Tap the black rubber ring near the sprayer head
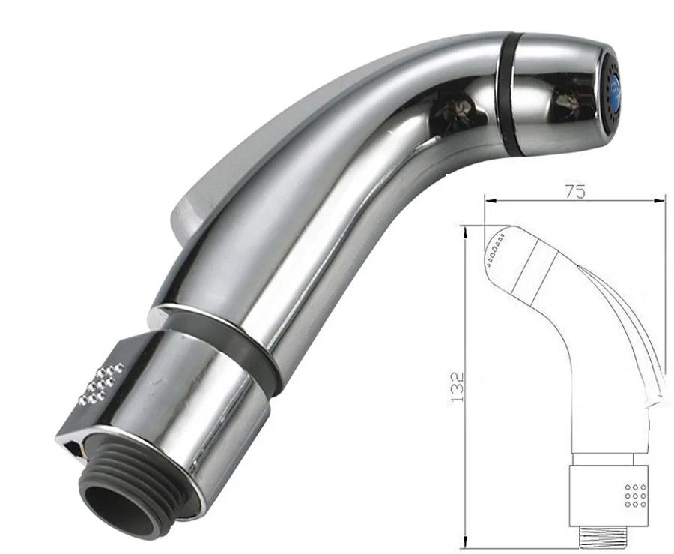click(507, 92)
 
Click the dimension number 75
click(574, 192)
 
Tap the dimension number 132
click(457, 386)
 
